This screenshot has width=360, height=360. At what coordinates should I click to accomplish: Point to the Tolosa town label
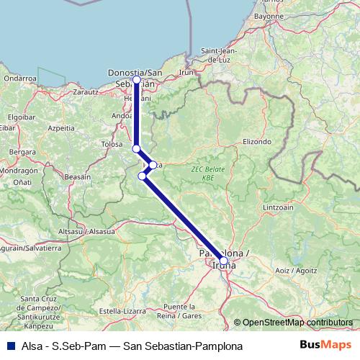pyautogui.click(x=112, y=144)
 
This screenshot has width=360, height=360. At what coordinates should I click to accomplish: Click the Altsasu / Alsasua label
pyautogui.click(x=86, y=232)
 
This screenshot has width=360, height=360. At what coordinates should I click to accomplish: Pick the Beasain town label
pyautogui.click(x=78, y=176)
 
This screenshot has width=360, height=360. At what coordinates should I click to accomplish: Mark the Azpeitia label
pyautogui.click(x=60, y=127)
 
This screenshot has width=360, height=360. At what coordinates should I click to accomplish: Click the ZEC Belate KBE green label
pyautogui.click(x=204, y=172)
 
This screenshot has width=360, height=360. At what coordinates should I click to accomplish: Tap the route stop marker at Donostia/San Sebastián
pyautogui.click(x=137, y=80)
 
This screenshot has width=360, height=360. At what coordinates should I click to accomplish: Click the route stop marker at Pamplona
pyautogui.click(x=222, y=261)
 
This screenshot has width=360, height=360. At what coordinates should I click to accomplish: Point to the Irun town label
pyautogui.click(x=186, y=73)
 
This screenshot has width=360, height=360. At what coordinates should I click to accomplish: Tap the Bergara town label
pyautogui.click(x=23, y=152)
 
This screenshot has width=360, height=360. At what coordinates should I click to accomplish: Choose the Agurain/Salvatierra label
pyautogui.click(x=32, y=248)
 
